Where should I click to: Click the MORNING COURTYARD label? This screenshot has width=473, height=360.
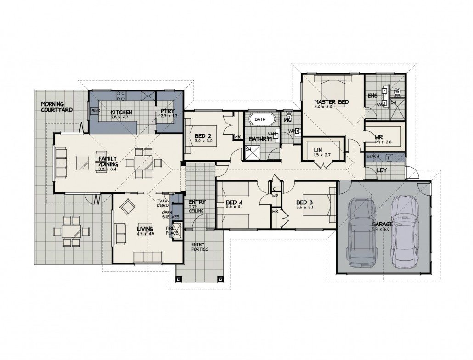click(56, 107)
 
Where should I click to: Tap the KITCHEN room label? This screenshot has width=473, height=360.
click(122, 112)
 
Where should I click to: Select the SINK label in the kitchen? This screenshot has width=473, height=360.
click(96, 111)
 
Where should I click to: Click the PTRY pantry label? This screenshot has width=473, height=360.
click(166, 112)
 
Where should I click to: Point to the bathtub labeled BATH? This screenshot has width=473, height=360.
click(262, 119)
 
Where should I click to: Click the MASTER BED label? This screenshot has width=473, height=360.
click(332, 101)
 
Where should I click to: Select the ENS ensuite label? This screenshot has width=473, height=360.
click(373, 96)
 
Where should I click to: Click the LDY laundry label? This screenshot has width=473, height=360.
click(382, 170)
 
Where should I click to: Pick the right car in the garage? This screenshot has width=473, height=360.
click(405, 232)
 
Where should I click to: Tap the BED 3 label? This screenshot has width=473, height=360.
click(304, 202)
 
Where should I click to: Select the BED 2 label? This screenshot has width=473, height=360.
click(203, 136)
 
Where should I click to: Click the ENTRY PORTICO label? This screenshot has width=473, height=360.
click(200, 247)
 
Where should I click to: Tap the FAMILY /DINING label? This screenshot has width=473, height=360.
click(108, 161)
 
